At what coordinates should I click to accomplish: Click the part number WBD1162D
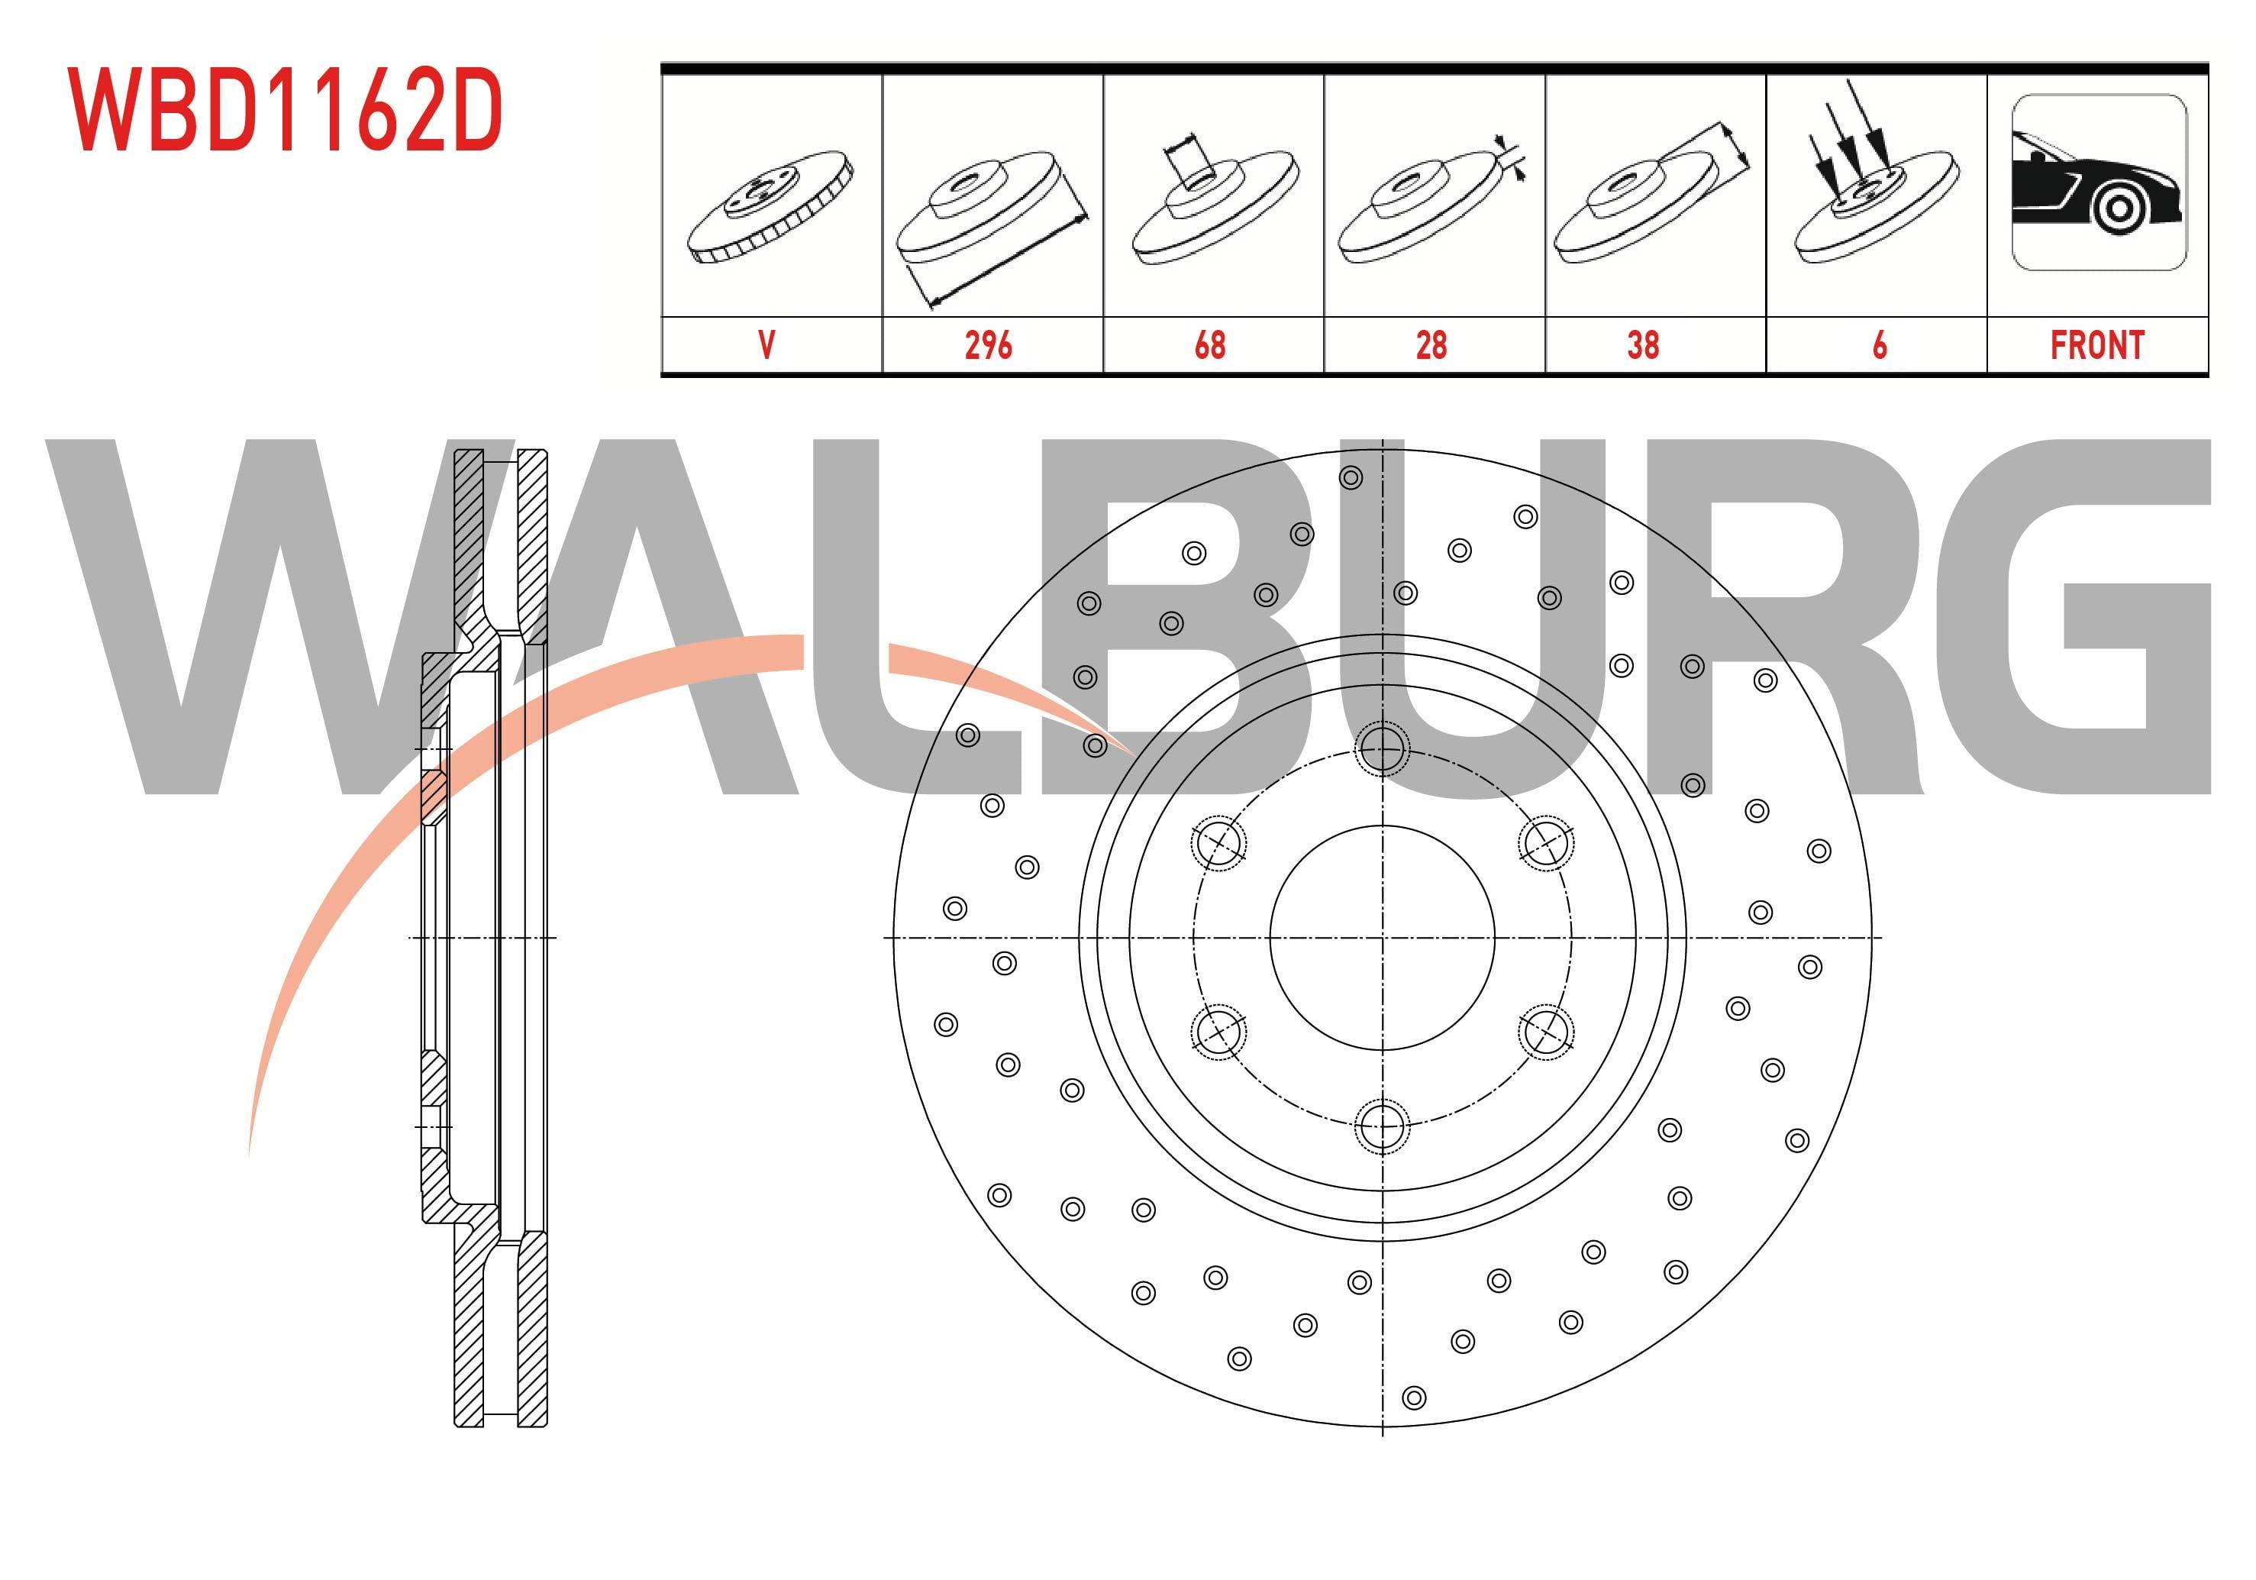tap(285, 110)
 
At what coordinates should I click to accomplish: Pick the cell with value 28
tap(1431, 345)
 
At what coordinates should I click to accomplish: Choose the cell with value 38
tap(1643, 345)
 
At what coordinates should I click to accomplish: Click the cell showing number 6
tap(1879, 345)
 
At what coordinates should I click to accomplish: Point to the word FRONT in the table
tap(2097, 345)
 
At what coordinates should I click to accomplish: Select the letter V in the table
tap(767, 345)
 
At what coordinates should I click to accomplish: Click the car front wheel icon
tap(2099, 183)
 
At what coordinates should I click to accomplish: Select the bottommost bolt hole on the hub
tap(1382, 1125)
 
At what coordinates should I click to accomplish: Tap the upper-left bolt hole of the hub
tap(1218, 842)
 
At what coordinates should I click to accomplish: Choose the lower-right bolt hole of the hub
tap(1545, 1032)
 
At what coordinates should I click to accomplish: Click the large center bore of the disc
tap(1382, 938)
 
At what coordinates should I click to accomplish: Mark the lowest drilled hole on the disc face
tap(1414, 1397)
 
